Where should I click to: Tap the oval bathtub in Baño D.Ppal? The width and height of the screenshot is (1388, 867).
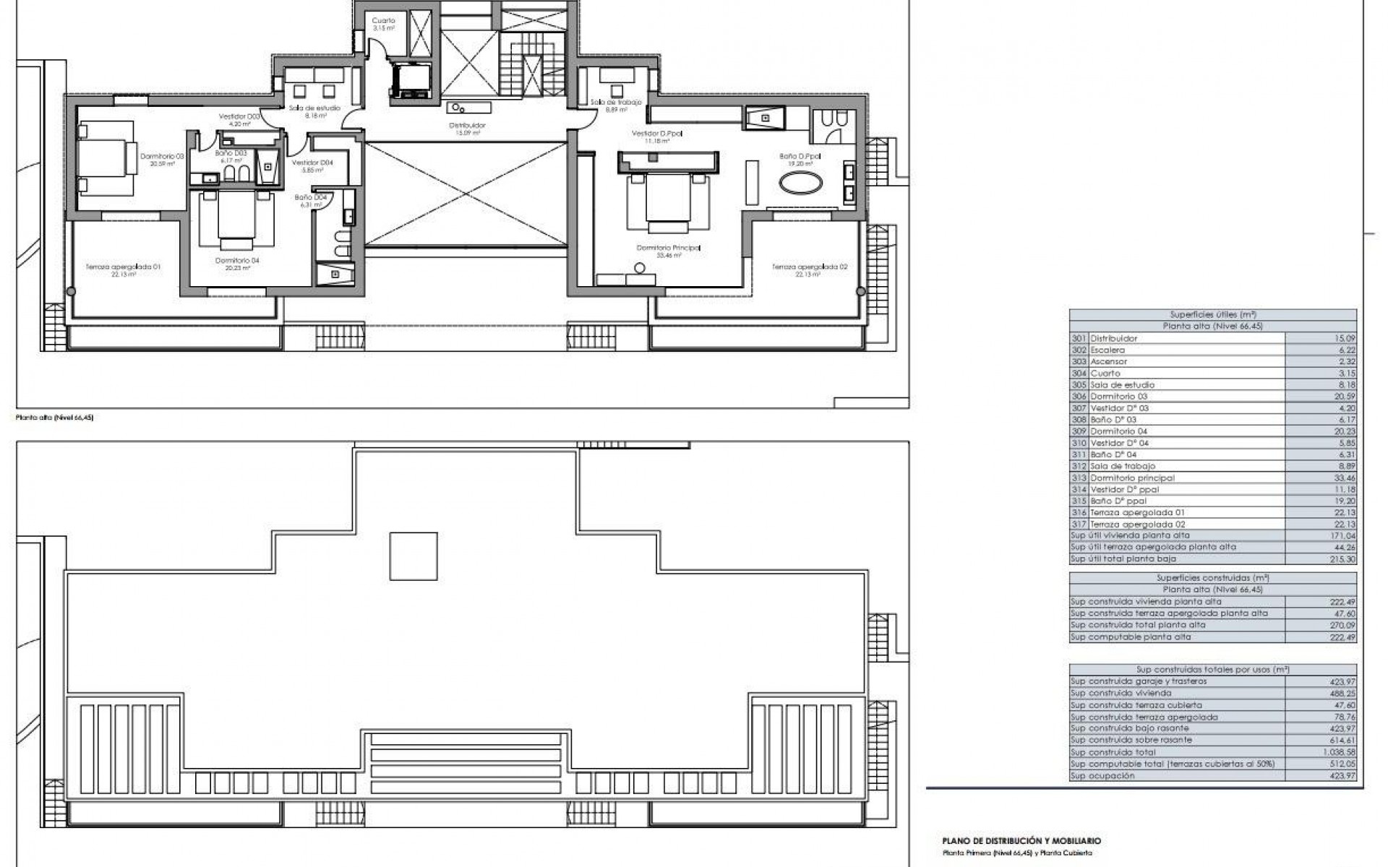click(800, 184)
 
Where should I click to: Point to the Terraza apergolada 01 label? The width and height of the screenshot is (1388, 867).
click(123, 267)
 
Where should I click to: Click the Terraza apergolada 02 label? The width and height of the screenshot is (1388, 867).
click(810, 267)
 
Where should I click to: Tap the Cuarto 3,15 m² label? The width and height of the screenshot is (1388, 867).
click(384, 21)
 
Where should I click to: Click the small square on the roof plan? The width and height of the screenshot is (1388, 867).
click(414, 556)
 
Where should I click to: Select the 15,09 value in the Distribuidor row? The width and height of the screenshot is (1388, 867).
click(1345, 338)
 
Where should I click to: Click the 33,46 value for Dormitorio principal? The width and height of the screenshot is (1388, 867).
click(1345, 478)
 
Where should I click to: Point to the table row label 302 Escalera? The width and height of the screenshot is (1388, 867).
click(1107, 350)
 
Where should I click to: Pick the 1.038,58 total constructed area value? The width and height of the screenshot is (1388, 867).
click(1341, 752)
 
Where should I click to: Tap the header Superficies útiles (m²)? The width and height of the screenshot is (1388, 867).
click(1212, 314)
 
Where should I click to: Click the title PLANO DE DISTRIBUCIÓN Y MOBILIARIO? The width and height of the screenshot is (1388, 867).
click(1021, 841)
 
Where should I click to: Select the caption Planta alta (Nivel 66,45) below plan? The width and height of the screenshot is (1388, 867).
click(55, 418)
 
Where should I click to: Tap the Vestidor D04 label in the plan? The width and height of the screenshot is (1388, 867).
click(312, 163)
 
